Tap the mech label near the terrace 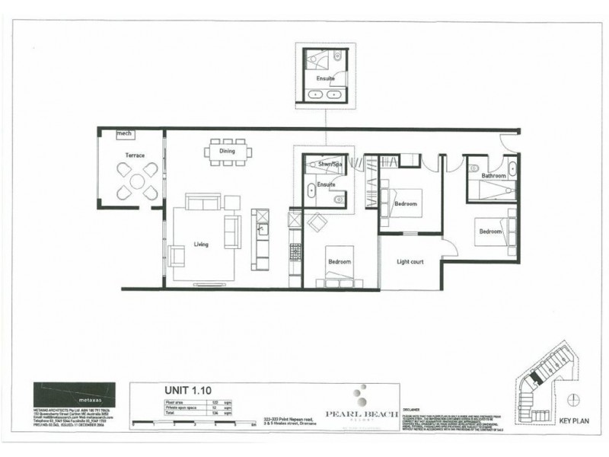tap(124, 134)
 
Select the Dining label tap(227, 152)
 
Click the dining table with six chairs tap(227, 150)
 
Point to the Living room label tap(201, 244)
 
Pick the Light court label tap(410, 262)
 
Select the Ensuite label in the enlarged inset tap(326, 77)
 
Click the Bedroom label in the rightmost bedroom tap(489, 231)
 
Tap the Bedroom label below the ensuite tap(339, 262)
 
